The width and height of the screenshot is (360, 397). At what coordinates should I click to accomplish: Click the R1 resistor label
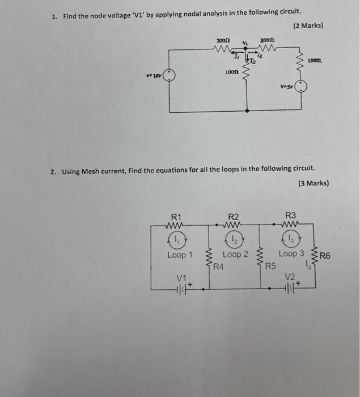176,216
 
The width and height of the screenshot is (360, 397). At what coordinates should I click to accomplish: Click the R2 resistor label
234,216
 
